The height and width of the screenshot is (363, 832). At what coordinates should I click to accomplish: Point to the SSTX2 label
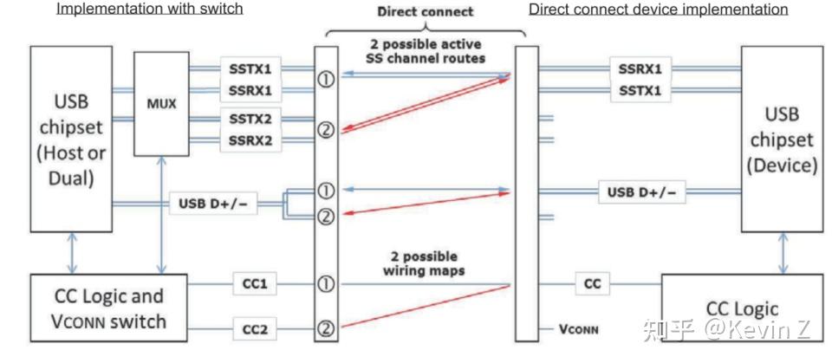coord(250,119)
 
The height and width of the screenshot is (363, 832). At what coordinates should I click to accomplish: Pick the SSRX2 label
coord(250,139)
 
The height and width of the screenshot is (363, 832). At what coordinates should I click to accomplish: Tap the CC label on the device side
coord(592,284)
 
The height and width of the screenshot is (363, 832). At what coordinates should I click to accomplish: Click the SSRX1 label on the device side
coord(642,68)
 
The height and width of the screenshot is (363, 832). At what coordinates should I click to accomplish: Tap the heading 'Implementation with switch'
coord(149,10)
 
